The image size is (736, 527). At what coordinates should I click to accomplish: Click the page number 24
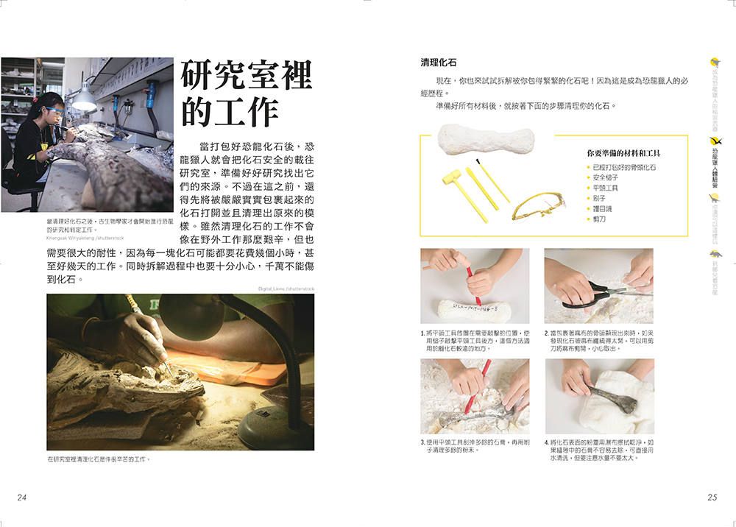tap(22, 498)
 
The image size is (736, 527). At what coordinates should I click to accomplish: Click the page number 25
tap(712, 498)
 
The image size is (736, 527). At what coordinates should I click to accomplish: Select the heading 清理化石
tap(439, 63)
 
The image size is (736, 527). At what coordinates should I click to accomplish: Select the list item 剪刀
tap(599, 219)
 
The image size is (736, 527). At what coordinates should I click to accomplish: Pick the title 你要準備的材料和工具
tap(623, 153)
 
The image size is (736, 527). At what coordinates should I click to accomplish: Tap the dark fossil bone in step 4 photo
tap(615, 401)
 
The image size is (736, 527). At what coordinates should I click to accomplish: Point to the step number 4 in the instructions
tap(547, 442)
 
